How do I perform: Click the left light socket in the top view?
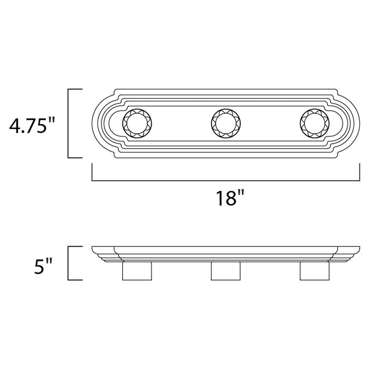[x=135, y=123]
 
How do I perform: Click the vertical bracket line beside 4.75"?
[x=69, y=123]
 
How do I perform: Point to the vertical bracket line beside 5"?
[x=69, y=263]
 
